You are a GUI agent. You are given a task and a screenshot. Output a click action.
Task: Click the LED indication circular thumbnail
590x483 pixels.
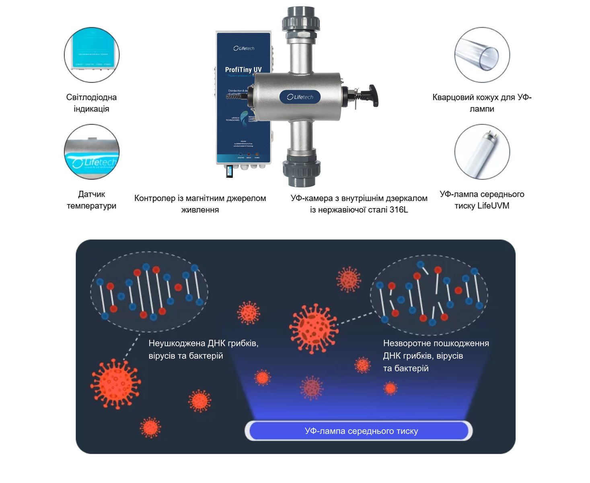[x=92, y=55]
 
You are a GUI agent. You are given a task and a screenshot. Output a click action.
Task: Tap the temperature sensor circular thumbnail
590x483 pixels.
[x=92, y=152]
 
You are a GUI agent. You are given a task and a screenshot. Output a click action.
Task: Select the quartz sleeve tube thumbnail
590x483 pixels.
[x=482, y=55]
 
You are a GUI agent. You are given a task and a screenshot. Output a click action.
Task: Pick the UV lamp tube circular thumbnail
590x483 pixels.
[x=482, y=152]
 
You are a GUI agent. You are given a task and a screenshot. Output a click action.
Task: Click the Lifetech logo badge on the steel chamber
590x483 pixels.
[x=300, y=97]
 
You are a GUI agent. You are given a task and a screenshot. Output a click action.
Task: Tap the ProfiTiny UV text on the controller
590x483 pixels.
[x=243, y=70]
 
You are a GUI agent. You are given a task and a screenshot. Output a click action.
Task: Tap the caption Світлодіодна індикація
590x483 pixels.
[x=92, y=103]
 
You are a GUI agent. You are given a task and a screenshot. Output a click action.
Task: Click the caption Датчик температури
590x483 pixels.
[x=92, y=200]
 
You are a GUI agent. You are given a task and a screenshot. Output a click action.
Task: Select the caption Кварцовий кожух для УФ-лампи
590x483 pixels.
[x=482, y=103]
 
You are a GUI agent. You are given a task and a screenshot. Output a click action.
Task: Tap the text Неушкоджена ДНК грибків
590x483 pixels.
[x=203, y=343]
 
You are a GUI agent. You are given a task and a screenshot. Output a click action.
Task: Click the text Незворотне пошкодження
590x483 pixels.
[x=436, y=343]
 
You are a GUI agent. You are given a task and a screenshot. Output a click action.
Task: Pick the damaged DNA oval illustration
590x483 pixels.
[x=429, y=294]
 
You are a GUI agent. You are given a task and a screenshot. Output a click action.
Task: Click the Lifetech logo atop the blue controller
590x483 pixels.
[x=244, y=48]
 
